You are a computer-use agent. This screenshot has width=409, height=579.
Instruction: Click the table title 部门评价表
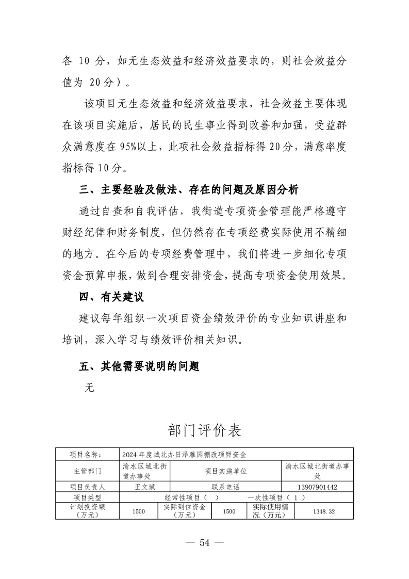[x=204, y=429]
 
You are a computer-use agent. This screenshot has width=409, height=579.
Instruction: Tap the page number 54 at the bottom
[x=204, y=542]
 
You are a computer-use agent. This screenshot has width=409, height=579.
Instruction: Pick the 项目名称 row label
[x=87, y=455]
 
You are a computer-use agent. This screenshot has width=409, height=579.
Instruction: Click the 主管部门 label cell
[x=87, y=471]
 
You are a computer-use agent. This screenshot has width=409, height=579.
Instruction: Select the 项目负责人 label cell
[x=87, y=487]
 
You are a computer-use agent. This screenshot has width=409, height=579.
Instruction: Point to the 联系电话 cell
[x=225, y=487]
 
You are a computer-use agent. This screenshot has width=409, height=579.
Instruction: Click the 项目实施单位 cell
[x=225, y=471]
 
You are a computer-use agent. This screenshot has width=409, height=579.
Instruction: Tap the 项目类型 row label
[x=87, y=497]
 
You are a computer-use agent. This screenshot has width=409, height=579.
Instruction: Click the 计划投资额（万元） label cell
[x=87, y=511]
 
